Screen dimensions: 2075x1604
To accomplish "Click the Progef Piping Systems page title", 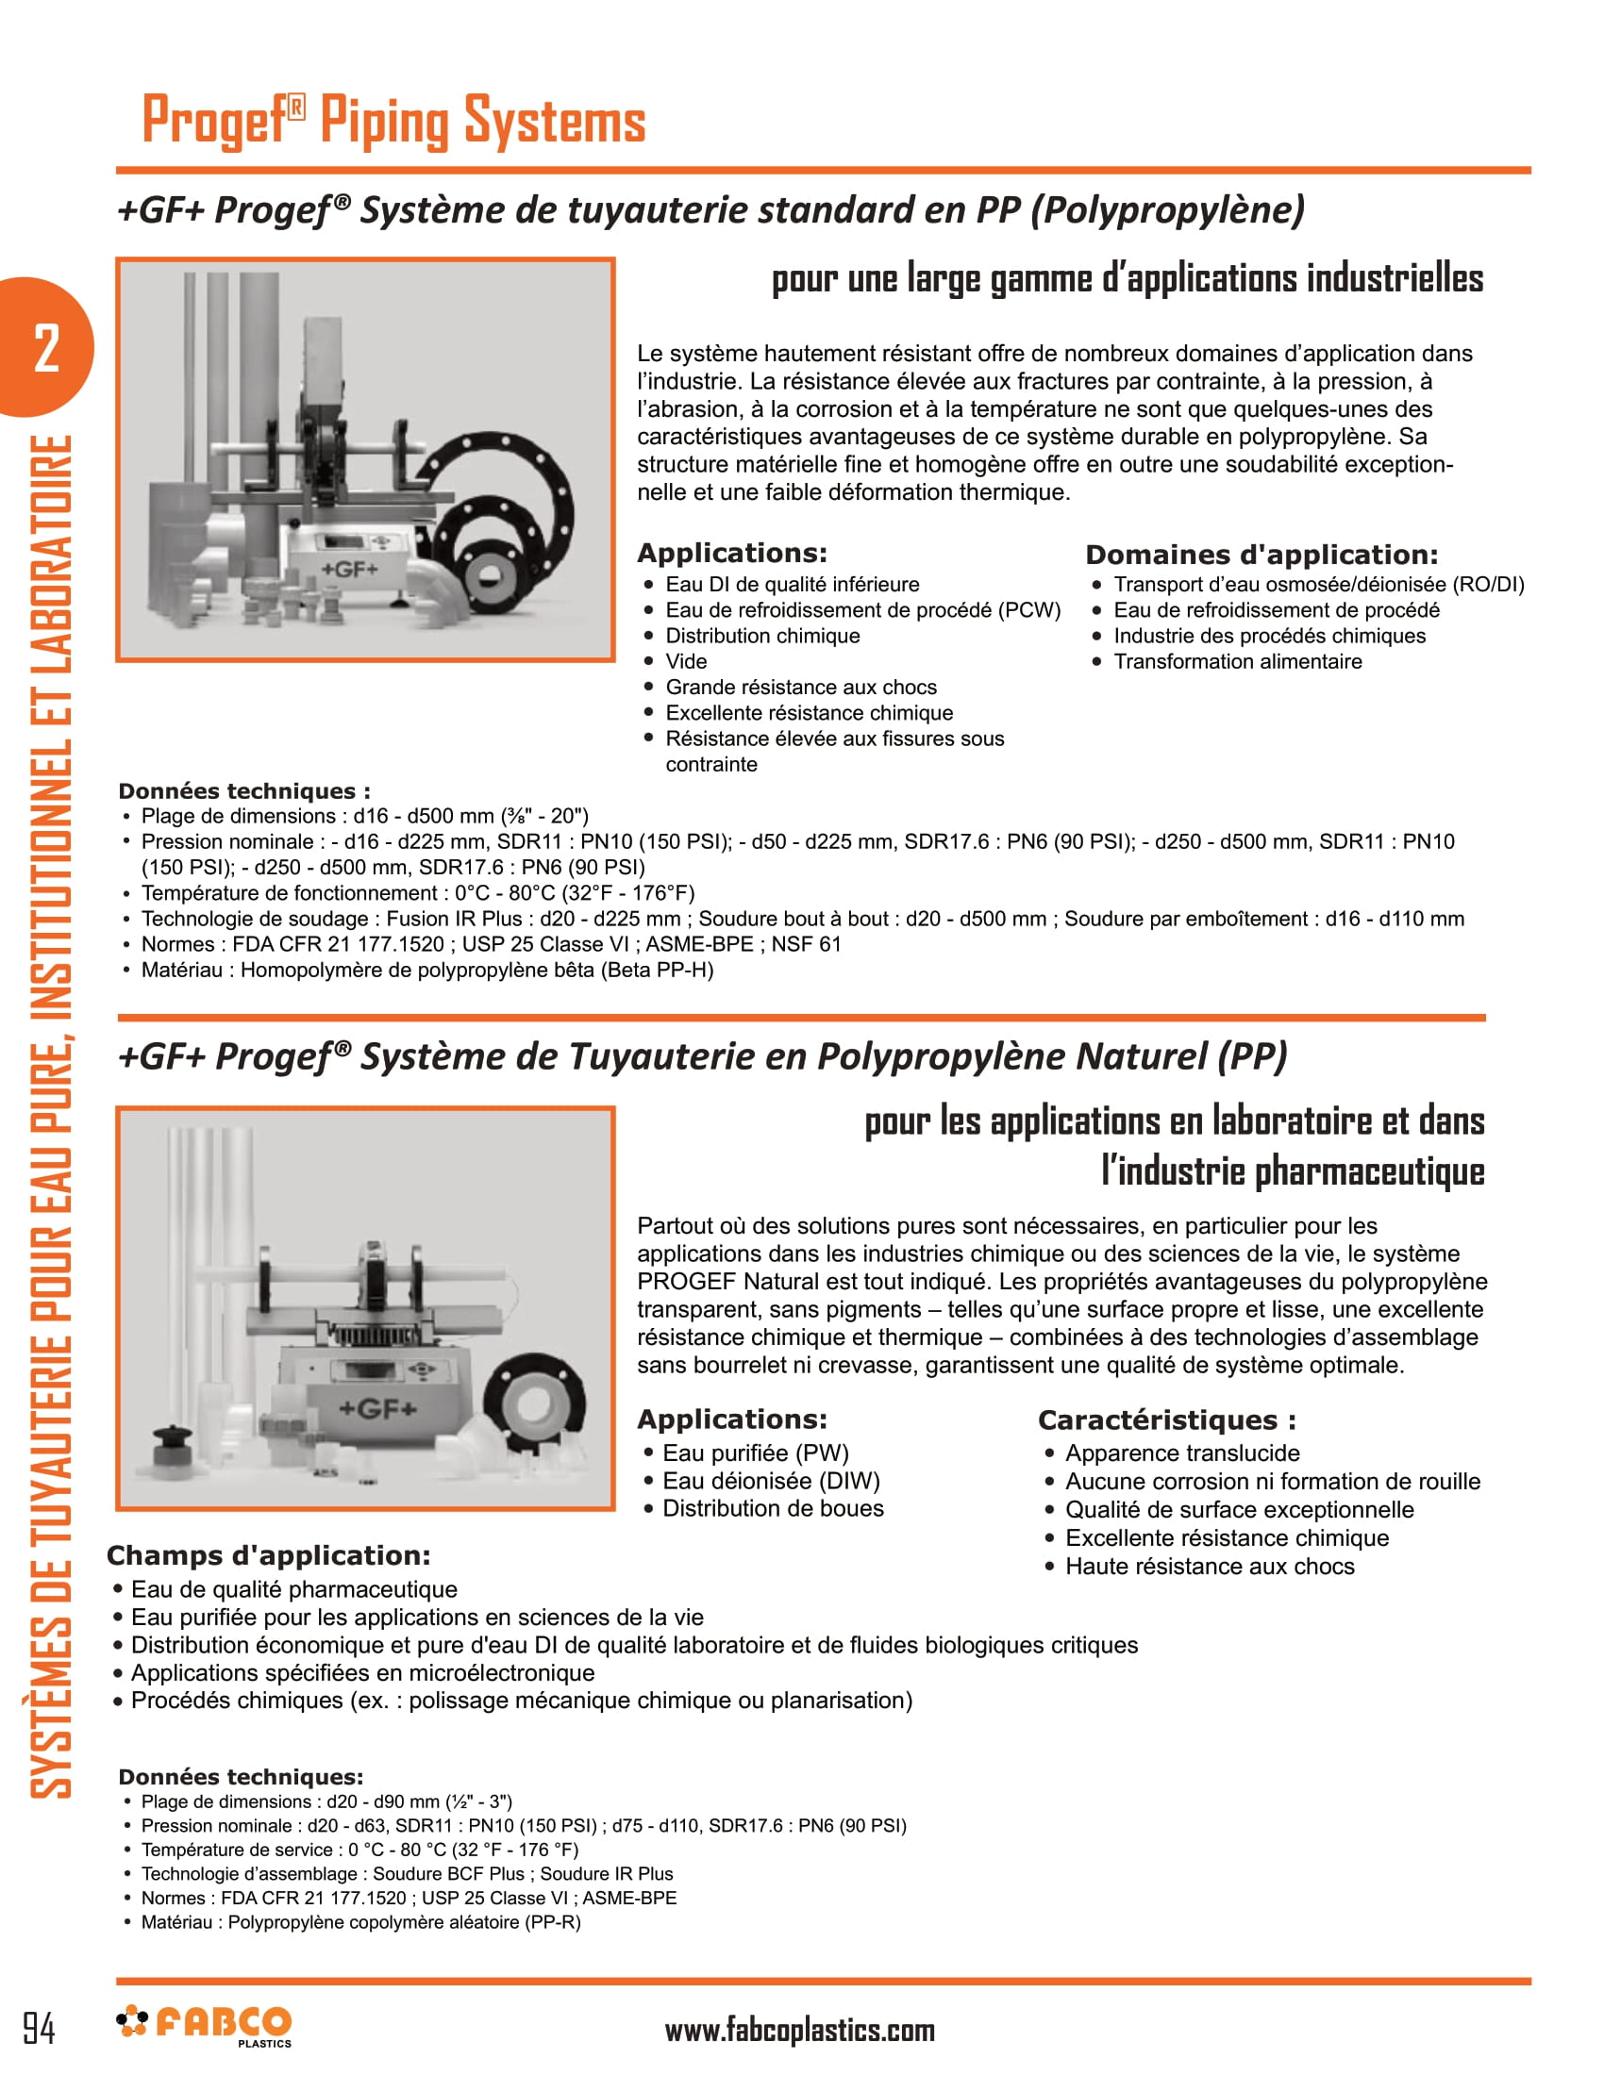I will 393,121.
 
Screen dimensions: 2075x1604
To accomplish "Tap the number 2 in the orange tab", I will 45,348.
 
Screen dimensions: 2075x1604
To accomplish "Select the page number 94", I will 39,2028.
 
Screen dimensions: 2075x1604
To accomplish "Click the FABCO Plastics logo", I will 205,2026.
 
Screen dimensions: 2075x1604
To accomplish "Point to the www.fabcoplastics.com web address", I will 799,2031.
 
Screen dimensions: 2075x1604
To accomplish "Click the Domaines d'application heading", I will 1261,555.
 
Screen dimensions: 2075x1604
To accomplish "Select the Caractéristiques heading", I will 1166,1420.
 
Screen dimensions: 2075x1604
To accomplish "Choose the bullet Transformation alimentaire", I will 1236,661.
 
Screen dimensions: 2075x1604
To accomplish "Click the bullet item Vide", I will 685,661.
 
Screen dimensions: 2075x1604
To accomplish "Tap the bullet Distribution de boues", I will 772,1509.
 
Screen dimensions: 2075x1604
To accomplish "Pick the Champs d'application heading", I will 268,1555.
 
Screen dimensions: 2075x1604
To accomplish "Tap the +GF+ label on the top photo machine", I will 349,569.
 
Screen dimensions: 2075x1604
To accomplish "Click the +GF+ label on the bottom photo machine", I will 377,1408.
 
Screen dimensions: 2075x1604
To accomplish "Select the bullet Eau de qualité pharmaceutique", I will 293,1589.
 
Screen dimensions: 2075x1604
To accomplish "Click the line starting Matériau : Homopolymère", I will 426,970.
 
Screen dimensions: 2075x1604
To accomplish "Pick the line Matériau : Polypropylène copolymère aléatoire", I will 360,1922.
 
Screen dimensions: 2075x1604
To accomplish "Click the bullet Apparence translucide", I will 1181,1452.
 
